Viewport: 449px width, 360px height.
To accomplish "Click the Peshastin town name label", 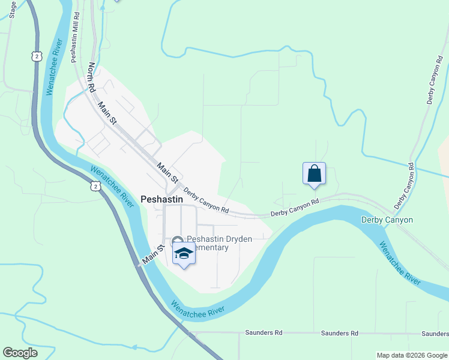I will [x=162, y=199].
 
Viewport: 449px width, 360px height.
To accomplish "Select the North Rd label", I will [x=92, y=77].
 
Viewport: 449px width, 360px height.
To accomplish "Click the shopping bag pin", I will [x=314, y=174].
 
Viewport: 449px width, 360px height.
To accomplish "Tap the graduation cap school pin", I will [x=184, y=255].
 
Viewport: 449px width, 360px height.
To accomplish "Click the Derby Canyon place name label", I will [x=387, y=220].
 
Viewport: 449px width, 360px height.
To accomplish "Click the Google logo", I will [x=20, y=353].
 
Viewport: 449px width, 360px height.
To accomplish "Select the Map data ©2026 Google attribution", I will [x=411, y=355].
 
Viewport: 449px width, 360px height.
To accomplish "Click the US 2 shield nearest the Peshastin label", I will [x=96, y=187].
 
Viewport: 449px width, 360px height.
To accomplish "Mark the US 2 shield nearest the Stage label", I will [x=37, y=56].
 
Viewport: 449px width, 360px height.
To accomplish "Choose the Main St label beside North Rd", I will [x=107, y=114].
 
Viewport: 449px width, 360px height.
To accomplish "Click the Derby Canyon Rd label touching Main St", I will [x=206, y=202].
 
